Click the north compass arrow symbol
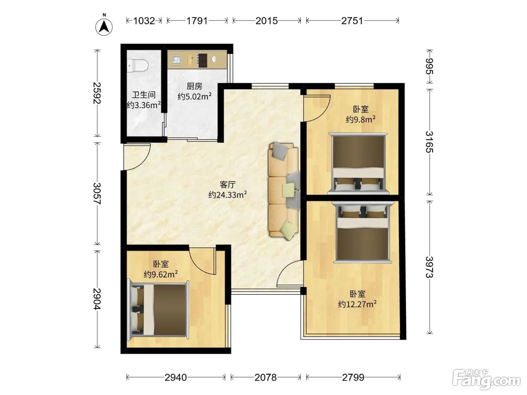point(104,26)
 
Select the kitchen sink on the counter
point(177,60)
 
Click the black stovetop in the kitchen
point(202,60)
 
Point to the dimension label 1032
point(144,21)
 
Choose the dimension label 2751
point(352,21)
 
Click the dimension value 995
point(430,67)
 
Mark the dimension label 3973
point(430,267)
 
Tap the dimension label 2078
point(265,377)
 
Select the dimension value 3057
point(97,193)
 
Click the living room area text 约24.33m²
point(228,194)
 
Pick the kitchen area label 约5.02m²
point(195,96)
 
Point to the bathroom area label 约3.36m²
point(143,105)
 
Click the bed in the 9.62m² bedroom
point(158,309)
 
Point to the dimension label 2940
point(176,377)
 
